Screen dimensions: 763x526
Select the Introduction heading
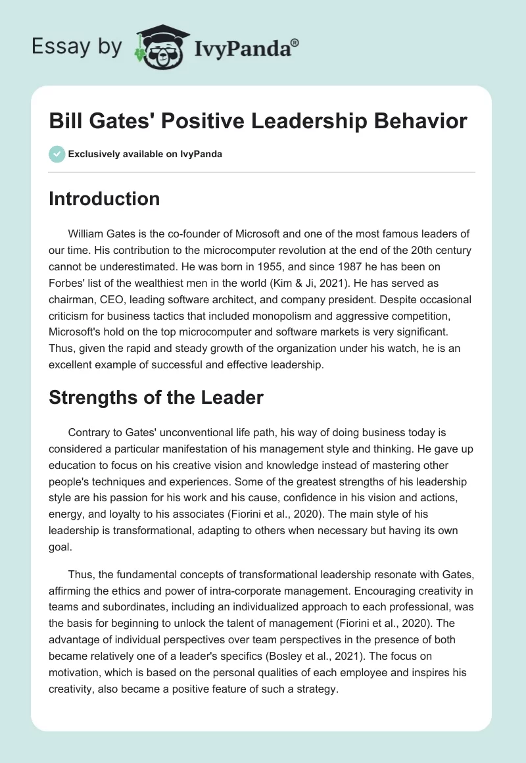click(104, 199)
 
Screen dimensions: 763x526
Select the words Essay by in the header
click(76, 47)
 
